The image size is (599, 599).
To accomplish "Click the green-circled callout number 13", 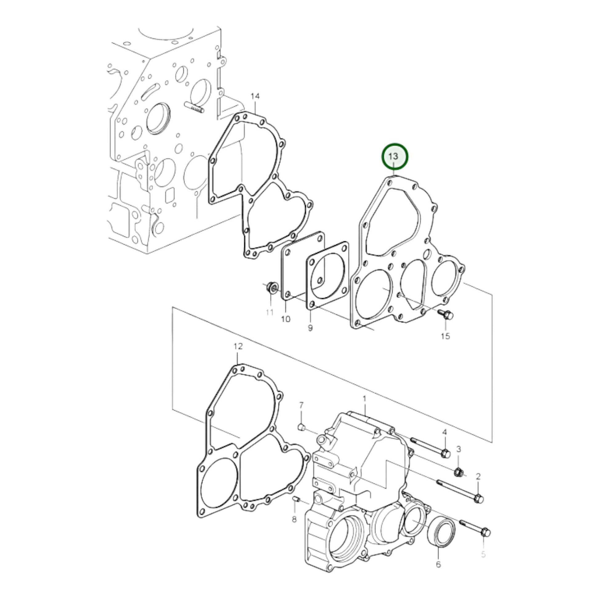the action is point(393,156).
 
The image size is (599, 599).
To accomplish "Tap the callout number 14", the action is point(255,96).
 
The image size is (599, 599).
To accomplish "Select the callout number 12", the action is point(238,346).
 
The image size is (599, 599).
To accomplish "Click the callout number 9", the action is point(310,328).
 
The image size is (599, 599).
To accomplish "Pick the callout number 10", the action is point(286,319).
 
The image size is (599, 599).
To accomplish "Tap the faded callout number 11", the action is point(270,312).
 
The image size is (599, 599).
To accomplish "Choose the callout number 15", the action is point(445,336).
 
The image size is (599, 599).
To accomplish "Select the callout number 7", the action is point(301,405).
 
